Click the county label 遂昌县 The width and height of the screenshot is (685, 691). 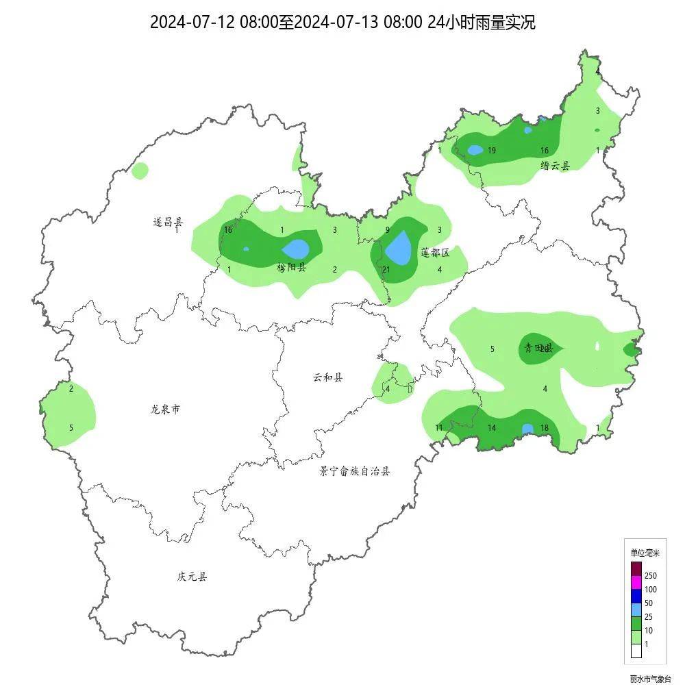tap(168, 222)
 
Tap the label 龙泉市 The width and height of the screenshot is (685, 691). tap(165, 410)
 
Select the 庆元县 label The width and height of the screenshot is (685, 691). tap(192, 577)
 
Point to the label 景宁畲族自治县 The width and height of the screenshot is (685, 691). tap(354, 471)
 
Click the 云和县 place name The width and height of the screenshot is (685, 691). tap(328, 377)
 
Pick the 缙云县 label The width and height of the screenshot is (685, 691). tap(555, 165)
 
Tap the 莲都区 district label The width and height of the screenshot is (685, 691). tap(435, 253)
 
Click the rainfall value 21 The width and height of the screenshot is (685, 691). tap(386, 270)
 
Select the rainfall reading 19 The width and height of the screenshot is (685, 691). tap(492, 151)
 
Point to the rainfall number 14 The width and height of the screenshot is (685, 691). tap(492, 428)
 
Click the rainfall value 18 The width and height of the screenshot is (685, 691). tap(545, 428)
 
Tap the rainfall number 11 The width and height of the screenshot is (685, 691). tap(439, 428)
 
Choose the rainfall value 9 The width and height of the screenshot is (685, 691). tap(387, 230)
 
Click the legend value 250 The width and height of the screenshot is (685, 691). tap(651, 576)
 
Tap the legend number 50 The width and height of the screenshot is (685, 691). tap(649, 603)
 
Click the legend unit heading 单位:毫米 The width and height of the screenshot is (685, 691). tap(645, 552)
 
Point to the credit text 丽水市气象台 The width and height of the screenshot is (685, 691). tap(651, 679)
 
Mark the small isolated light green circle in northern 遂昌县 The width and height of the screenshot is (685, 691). tap(140, 171)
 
